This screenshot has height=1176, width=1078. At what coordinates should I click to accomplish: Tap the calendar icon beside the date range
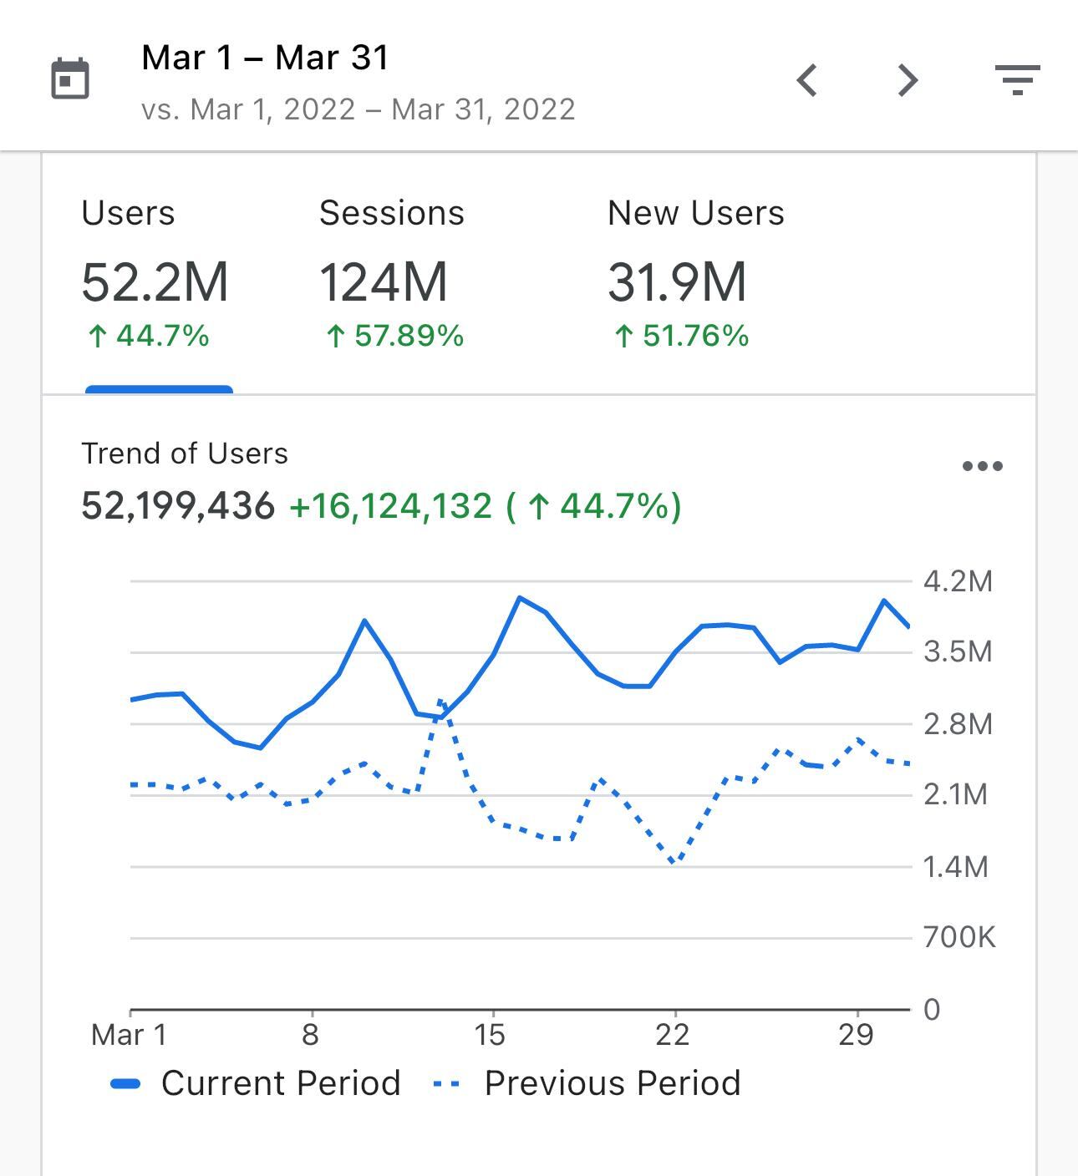70,79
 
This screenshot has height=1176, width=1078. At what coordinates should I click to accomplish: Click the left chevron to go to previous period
806,81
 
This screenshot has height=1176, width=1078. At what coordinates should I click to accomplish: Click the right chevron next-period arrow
908,81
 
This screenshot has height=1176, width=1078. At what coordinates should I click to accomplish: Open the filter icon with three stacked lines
1017,80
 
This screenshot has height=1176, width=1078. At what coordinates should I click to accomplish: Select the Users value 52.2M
155,282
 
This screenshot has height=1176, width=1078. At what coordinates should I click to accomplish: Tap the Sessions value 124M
384,282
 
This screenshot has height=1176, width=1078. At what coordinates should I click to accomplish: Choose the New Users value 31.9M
677,282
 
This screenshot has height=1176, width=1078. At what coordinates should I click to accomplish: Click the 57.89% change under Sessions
394,337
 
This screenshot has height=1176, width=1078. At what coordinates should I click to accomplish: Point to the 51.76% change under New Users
681,337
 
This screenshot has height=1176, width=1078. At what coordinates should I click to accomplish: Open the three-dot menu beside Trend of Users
982,466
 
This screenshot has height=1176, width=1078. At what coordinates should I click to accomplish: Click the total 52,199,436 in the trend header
178,506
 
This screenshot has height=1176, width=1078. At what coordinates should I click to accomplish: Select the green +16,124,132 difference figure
390,506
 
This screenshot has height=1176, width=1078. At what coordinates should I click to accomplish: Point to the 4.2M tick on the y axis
958,581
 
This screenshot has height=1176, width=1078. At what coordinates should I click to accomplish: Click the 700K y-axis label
959,937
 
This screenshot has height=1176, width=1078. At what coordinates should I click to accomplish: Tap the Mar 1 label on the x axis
129,1035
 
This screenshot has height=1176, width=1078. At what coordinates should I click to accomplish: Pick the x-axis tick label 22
673,1035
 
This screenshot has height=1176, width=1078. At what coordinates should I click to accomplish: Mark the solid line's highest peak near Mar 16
520,598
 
